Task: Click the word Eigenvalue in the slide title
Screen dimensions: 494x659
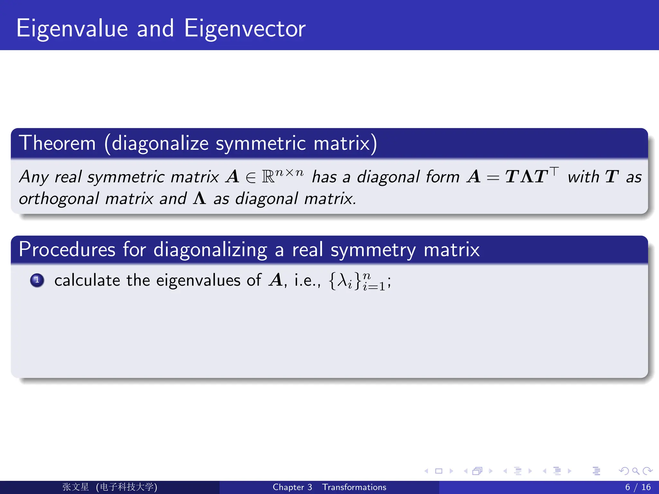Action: pyautogui.click(x=72, y=29)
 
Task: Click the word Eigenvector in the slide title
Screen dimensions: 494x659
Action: pyautogui.click(x=245, y=29)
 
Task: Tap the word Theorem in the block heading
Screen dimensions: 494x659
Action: pyautogui.click(x=57, y=143)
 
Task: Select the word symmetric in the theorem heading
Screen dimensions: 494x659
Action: pyautogui.click(x=261, y=144)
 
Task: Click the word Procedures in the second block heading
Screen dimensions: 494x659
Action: pyautogui.click(x=67, y=250)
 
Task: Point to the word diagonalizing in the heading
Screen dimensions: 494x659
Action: pyautogui.click(x=210, y=250)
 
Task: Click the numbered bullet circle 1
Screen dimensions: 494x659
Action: pyautogui.click(x=37, y=280)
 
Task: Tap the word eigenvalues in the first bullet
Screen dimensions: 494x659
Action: pyautogui.click(x=199, y=281)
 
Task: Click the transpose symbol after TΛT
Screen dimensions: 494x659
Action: pyautogui.click(x=554, y=170)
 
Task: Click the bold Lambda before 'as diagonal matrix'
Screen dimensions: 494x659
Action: pyautogui.click(x=200, y=198)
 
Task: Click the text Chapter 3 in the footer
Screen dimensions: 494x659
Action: pyautogui.click(x=292, y=487)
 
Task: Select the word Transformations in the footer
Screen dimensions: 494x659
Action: pyautogui.click(x=354, y=487)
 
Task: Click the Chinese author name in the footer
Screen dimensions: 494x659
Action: pyautogui.click(x=76, y=487)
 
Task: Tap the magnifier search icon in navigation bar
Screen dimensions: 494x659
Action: pyautogui.click(x=636, y=471)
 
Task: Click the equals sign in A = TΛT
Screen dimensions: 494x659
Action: pyautogui.click(x=493, y=178)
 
